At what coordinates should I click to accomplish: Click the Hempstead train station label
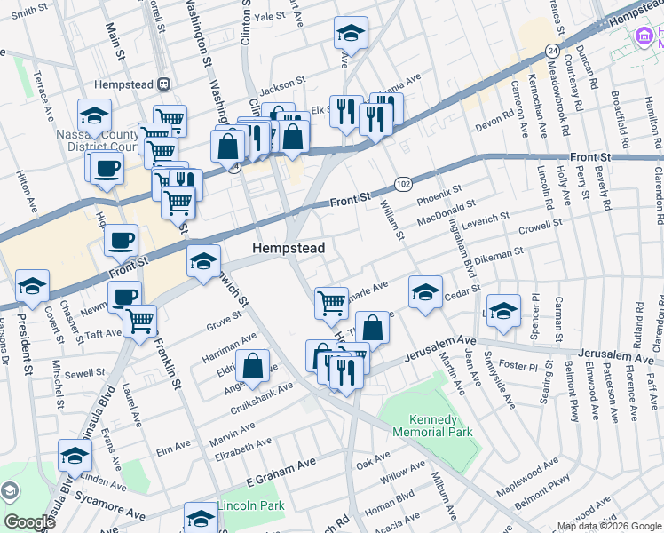tap(133, 84)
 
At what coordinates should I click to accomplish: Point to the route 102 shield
tap(402, 182)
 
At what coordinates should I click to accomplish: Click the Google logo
tap(29, 522)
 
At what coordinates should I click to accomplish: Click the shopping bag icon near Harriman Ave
tap(253, 366)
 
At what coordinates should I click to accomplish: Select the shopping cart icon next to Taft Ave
tap(140, 321)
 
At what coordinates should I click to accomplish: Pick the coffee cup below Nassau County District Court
tap(105, 167)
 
